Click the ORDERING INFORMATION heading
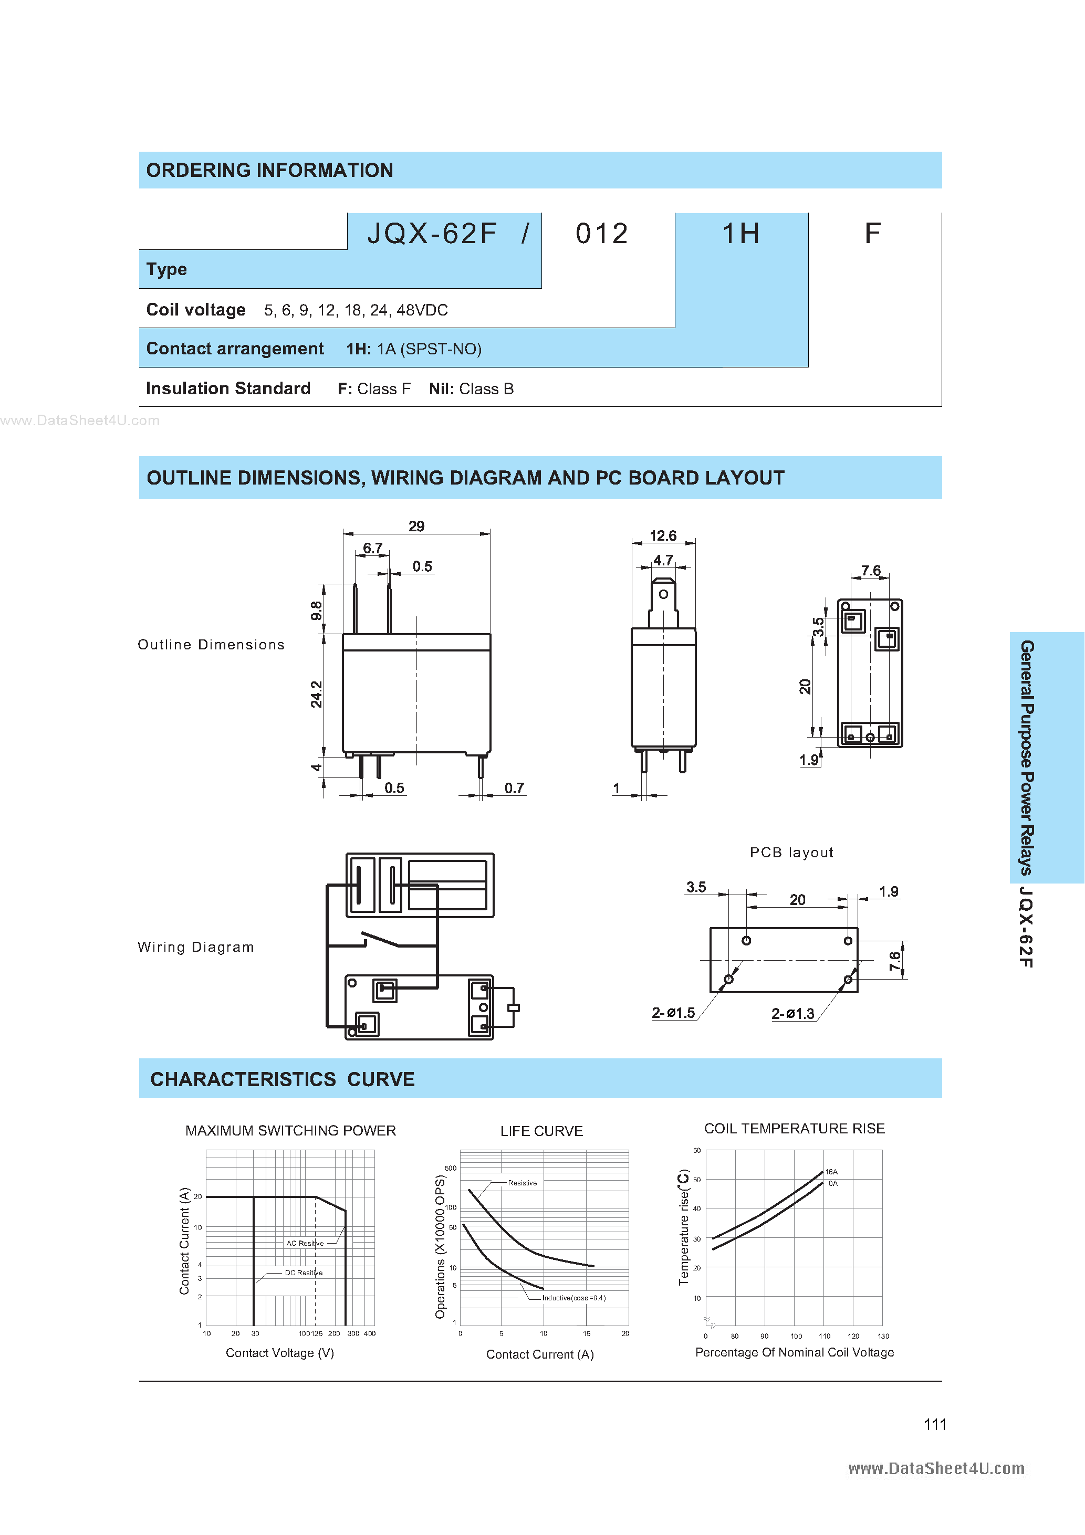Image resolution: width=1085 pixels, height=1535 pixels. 269,171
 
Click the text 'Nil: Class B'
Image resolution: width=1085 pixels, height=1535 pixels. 471,389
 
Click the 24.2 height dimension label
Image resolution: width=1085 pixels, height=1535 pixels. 316,694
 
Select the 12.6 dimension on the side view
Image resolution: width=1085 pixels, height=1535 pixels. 662,536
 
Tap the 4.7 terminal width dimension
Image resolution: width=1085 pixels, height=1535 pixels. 662,560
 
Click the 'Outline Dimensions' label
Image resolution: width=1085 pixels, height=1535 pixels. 211,645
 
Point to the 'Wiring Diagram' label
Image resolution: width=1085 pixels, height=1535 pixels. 196,947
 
